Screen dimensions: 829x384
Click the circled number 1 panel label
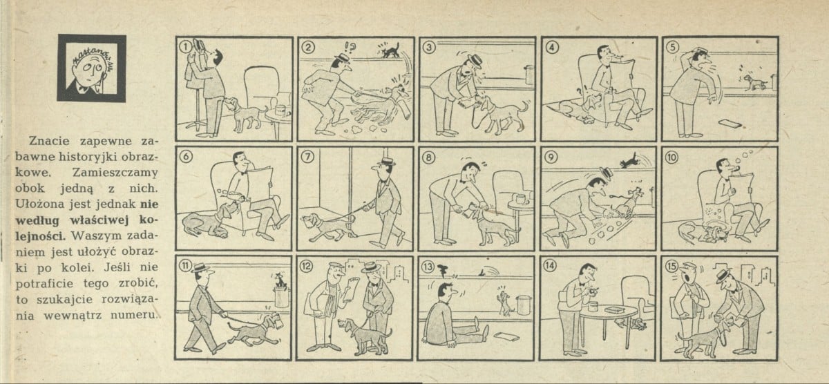[186, 46]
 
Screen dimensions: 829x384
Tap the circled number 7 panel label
[307, 157]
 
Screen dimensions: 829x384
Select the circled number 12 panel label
[307, 267]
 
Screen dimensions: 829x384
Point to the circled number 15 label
[671, 267]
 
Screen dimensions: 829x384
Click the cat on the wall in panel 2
[390, 50]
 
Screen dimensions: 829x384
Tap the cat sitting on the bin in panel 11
[280, 281]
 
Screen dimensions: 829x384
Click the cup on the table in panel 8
[520, 199]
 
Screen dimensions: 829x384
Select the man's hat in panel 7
[386, 162]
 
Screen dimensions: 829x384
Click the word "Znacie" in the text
[49, 142]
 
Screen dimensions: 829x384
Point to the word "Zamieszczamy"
[115, 173]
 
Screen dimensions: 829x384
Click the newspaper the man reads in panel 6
[260, 185]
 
